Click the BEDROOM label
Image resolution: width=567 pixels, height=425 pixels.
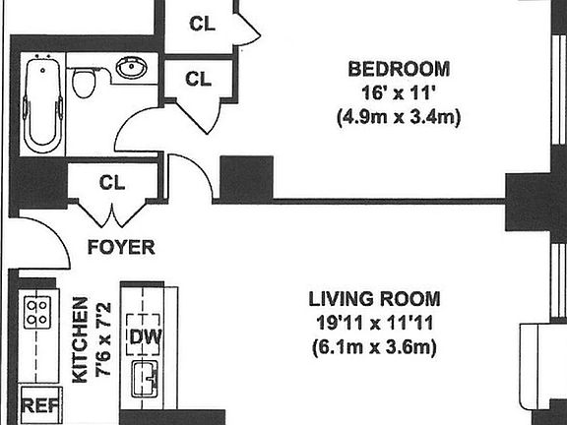click(399, 69)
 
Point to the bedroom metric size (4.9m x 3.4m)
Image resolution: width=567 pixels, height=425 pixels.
click(399, 117)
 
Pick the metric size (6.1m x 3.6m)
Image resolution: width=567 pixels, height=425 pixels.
click(373, 346)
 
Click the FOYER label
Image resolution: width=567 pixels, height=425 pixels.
click(120, 247)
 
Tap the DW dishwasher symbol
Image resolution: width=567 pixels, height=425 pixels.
click(144, 337)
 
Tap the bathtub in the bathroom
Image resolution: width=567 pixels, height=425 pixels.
click(43, 106)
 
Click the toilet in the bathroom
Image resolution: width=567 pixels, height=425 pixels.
click(86, 83)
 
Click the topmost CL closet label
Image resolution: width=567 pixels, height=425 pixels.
click(200, 23)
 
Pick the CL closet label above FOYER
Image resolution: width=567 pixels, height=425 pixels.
click(111, 181)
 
